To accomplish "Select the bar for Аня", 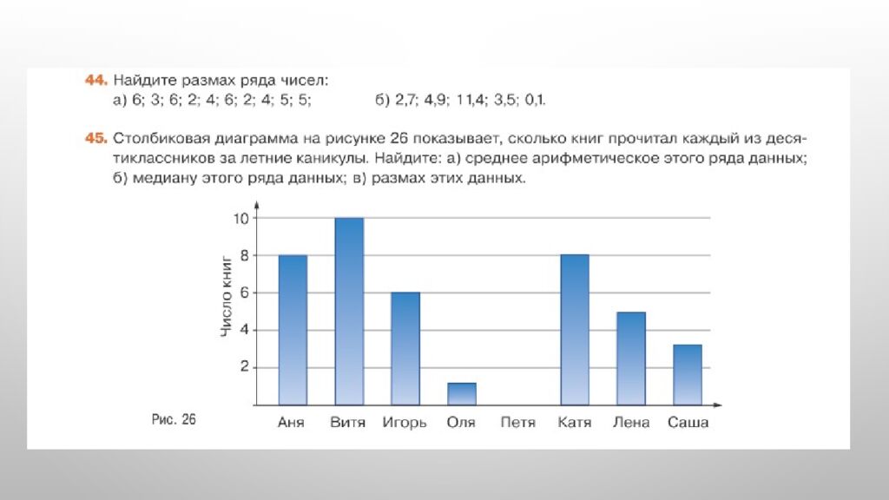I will tap(293, 330).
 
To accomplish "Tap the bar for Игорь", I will tap(405, 348).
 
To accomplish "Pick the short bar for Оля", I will tap(461, 394).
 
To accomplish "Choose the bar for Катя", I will tap(575, 330).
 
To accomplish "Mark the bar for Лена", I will tap(631, 358).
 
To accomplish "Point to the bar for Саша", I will tap(688, 374).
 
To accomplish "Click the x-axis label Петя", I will tap(518, 424).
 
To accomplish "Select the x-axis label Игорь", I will tap(405, 424).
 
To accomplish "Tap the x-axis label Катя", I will tap(575, 424).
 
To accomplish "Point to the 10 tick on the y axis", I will tap(240, 218).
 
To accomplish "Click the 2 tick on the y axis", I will tap(244, 367).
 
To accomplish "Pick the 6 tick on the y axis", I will tap(244, 293).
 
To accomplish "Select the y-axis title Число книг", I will tap(227, 295).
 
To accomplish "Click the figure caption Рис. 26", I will tap(174, 420).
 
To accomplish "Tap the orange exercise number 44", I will tap(95, 81).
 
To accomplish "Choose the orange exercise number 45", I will tap(95, 137).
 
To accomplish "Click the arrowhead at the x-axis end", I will tap(717, 405).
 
